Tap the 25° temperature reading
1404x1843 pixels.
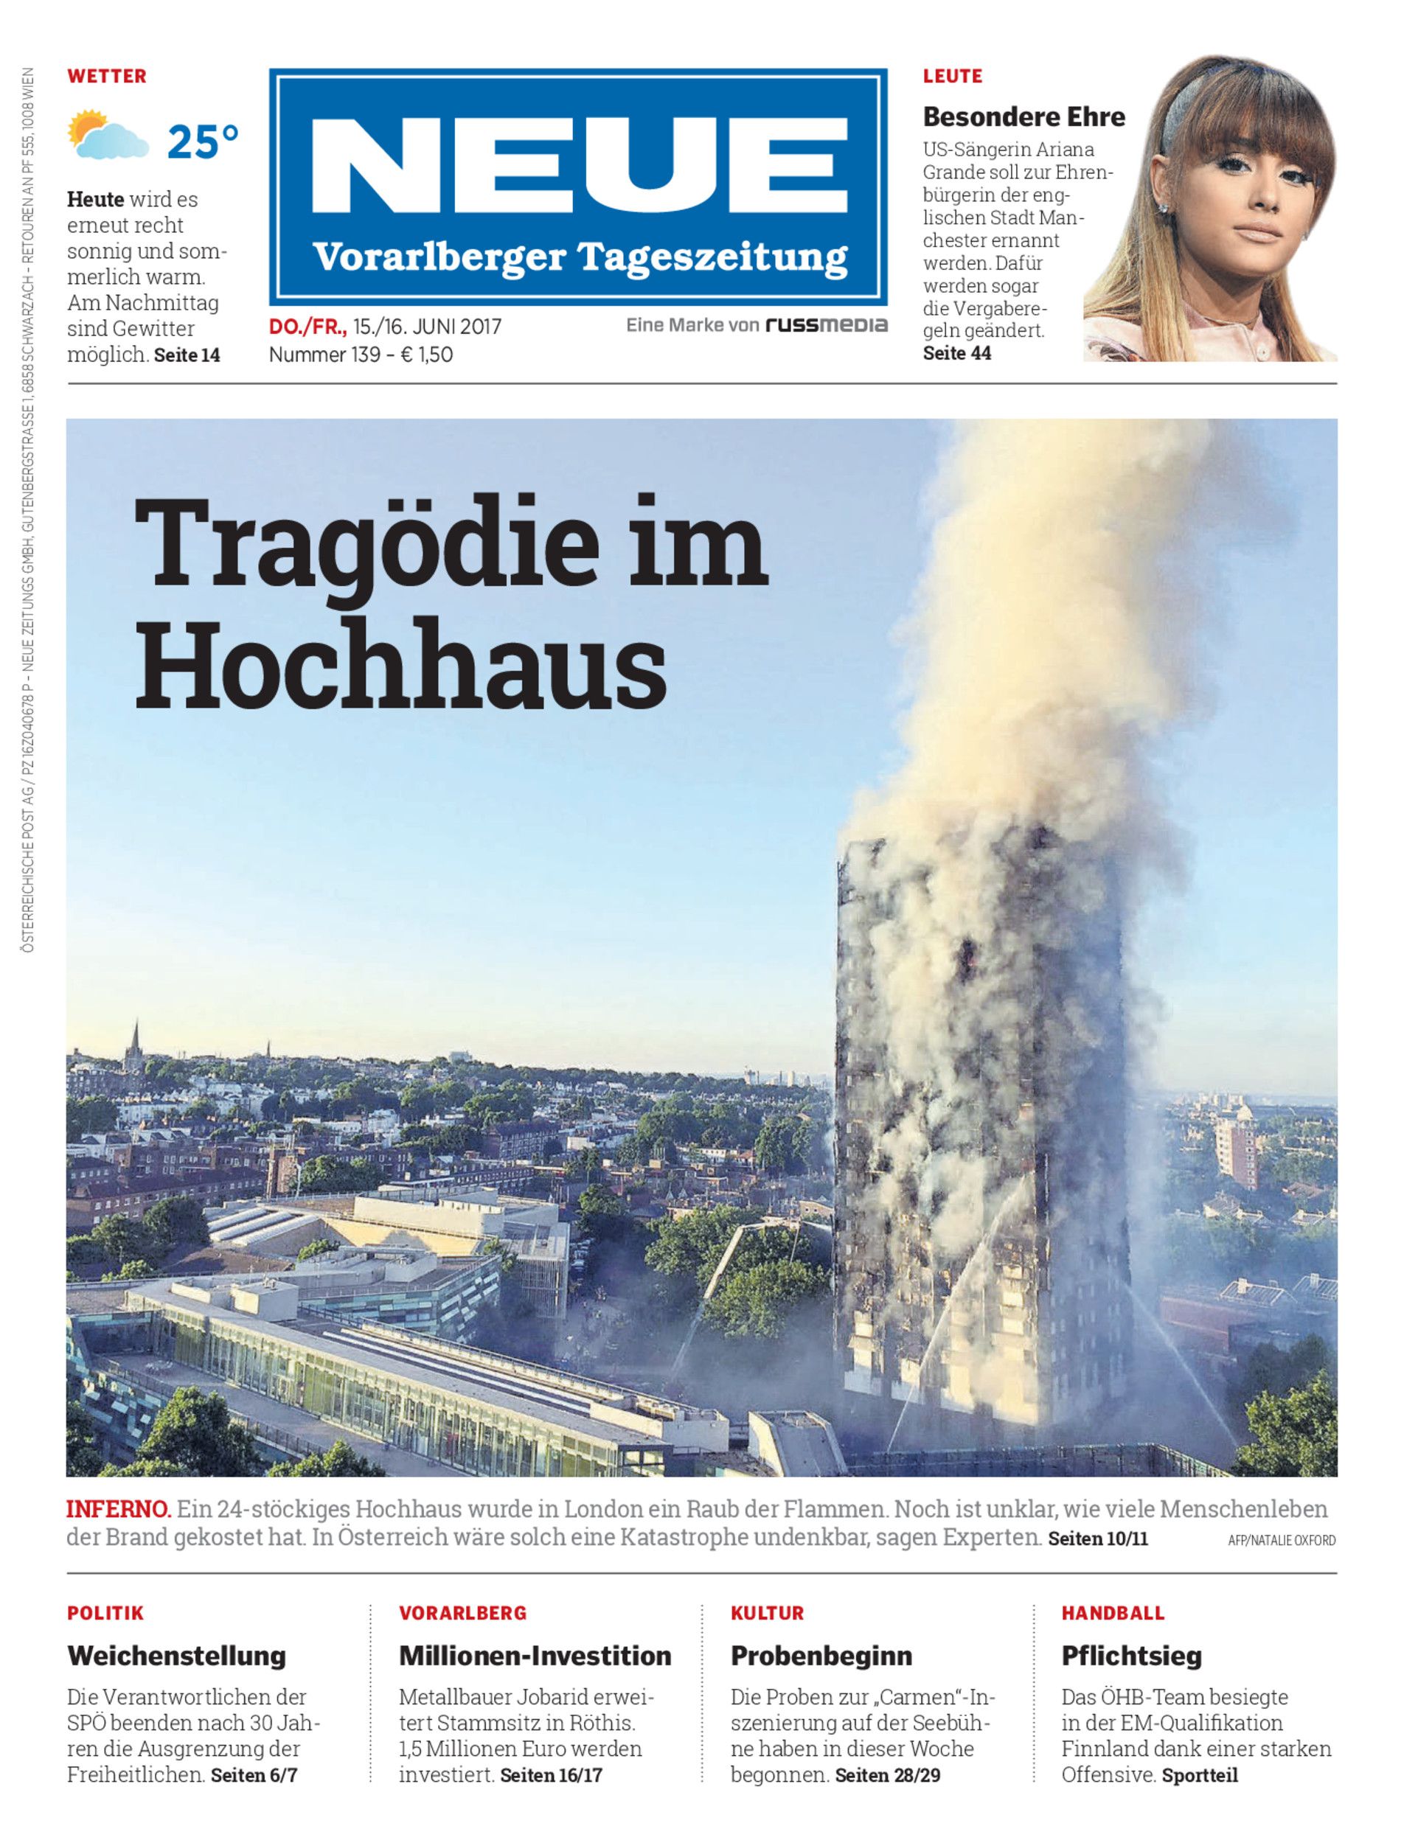pyautogui.click(x=203, y=142)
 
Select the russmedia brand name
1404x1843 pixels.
pyautogui.click(x=826, y=325)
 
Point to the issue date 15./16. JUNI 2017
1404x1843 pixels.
pyautogui.click(x=427, y=327)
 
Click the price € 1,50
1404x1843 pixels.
pyautogui.click(x=427, y=355)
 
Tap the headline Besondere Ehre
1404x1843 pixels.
pyautogui.click(x=1024, y=116)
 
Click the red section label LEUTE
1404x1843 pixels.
pyautogui.click(x=952, y=76)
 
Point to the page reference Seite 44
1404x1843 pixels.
pyautogui.click(x=957, y=353)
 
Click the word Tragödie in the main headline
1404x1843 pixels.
pyautogui.click(x=367, y=544)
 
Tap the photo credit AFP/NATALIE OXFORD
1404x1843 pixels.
pyautogui.click(x=1281, y=1541)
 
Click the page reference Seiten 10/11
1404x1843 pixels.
pyautogui.click(x=1098, y=1538)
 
